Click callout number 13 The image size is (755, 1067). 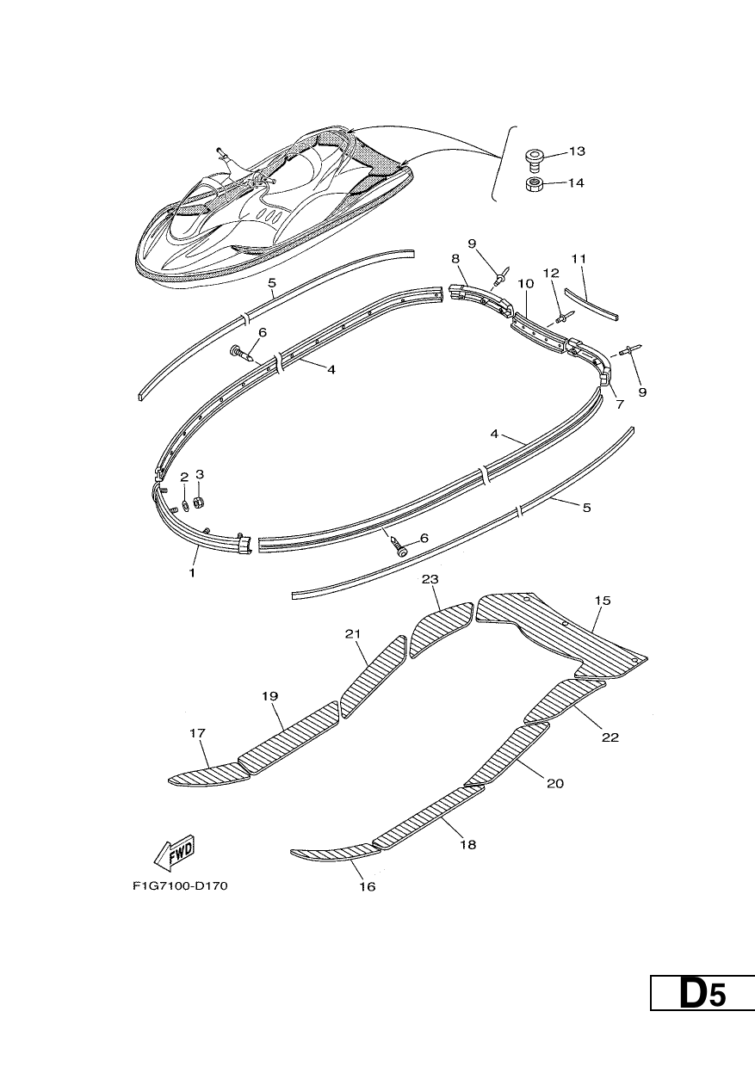point(576,151)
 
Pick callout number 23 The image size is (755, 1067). point(430,579)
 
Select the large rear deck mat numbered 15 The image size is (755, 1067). point(562,636)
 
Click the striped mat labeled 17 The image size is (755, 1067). point(209,774)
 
